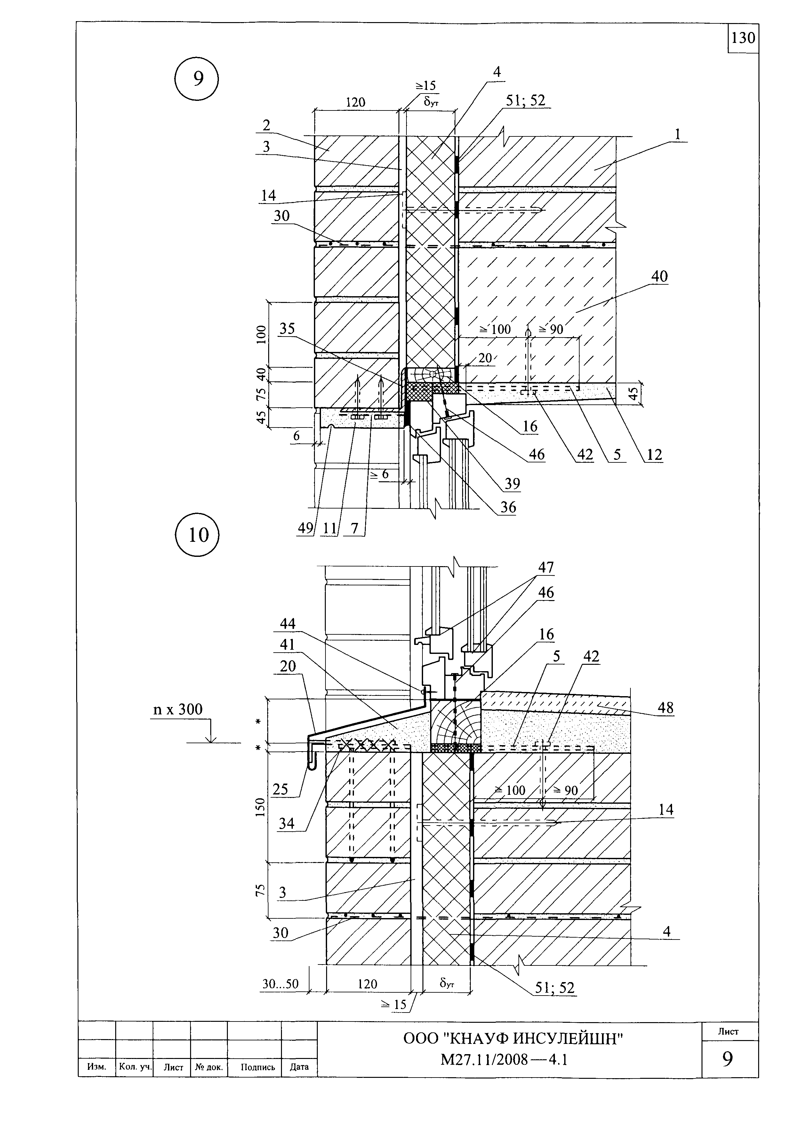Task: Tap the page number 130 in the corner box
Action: pos(743,38)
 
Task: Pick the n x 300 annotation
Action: pos(178,709)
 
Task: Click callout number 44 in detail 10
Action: pos(288,623)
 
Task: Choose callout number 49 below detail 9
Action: pos(305,528)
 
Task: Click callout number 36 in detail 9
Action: pos(508,507)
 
